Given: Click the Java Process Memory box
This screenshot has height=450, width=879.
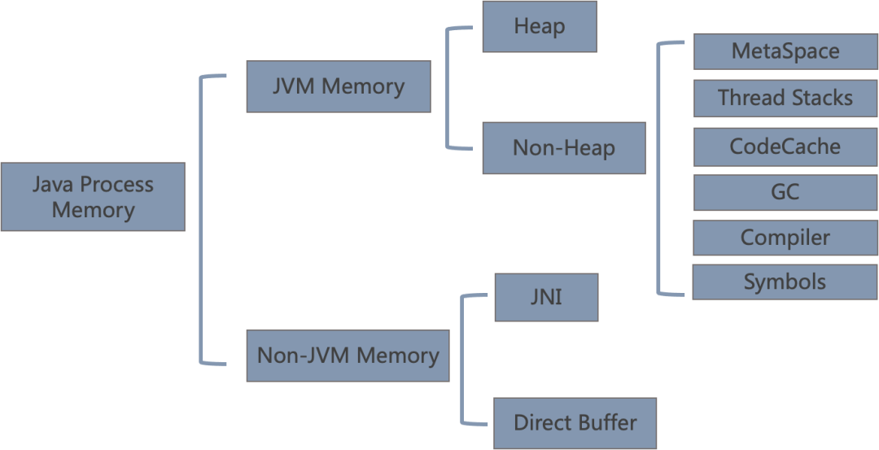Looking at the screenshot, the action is (93, 197).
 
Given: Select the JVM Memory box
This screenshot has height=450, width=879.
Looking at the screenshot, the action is (339, 86).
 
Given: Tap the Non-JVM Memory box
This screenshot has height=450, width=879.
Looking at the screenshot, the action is (348, 356).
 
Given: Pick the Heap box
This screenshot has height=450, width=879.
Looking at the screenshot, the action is (540, 26).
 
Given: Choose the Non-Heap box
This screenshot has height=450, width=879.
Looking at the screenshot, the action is (564, 148).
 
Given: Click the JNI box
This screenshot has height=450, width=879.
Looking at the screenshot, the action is (547, 298).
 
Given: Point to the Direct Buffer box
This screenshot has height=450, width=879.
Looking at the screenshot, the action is (575, 423).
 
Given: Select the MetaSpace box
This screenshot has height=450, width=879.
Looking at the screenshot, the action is (785, 51).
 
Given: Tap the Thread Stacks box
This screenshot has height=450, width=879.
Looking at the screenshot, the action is (785, 98).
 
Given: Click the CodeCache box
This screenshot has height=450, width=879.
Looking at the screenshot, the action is (785, 146).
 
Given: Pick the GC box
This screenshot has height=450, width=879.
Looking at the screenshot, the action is (785, 192).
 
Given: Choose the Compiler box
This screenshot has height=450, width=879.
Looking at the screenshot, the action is (785, 238).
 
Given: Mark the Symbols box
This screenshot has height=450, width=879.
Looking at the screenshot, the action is (785, 282).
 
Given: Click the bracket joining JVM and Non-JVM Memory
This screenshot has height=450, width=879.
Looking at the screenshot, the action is (201, 220).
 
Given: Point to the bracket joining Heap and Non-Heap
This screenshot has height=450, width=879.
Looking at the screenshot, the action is (448, 87).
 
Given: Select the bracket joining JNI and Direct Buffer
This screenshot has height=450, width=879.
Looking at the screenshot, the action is (462, 359).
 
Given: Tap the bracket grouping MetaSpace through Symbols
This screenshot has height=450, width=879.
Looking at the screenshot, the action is (658, 168).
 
